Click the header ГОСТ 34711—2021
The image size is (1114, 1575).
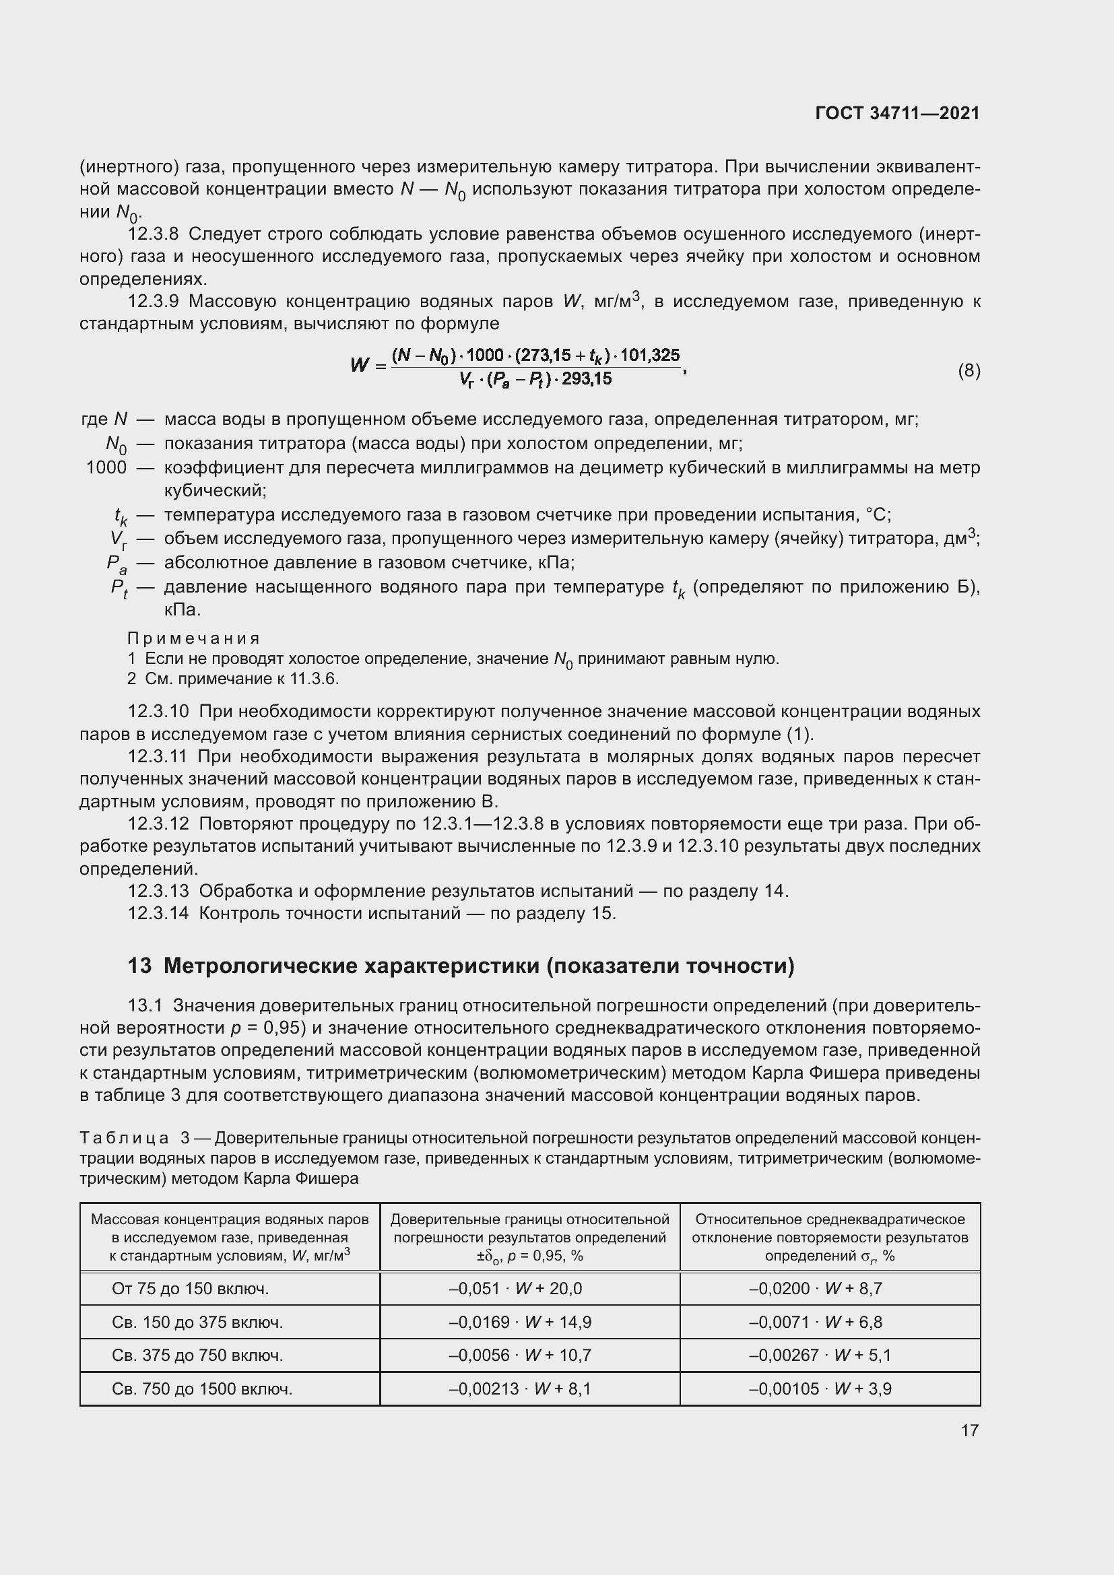click(x=897, y=113)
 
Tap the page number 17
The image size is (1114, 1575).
click(x=969, y=1430)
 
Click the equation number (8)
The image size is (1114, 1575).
click(x=969, y=371)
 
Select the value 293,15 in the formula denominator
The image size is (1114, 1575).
click(x=587, y=378)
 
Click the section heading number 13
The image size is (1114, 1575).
click(x=139, y=966)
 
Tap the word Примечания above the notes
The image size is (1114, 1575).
click(x=194, y=638)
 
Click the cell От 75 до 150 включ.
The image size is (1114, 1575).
click(x=190, y=1289)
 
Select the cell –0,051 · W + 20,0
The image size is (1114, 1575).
click(x=515, y=1289)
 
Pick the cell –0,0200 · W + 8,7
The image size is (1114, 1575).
click(x=815, y=1289)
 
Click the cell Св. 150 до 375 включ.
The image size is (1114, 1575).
click(x=197, y=1322)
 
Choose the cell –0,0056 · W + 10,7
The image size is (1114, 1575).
click(x=519, y=1355)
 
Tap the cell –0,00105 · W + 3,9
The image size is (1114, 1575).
click(x=820, y=1389)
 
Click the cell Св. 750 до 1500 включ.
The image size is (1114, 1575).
click(x=201, y=1389)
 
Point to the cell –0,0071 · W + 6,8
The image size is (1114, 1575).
click(x=815, y=1322)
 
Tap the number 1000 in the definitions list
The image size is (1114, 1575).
click(x=106, y=468)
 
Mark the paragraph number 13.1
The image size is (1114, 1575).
click(x=145, y=1006)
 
